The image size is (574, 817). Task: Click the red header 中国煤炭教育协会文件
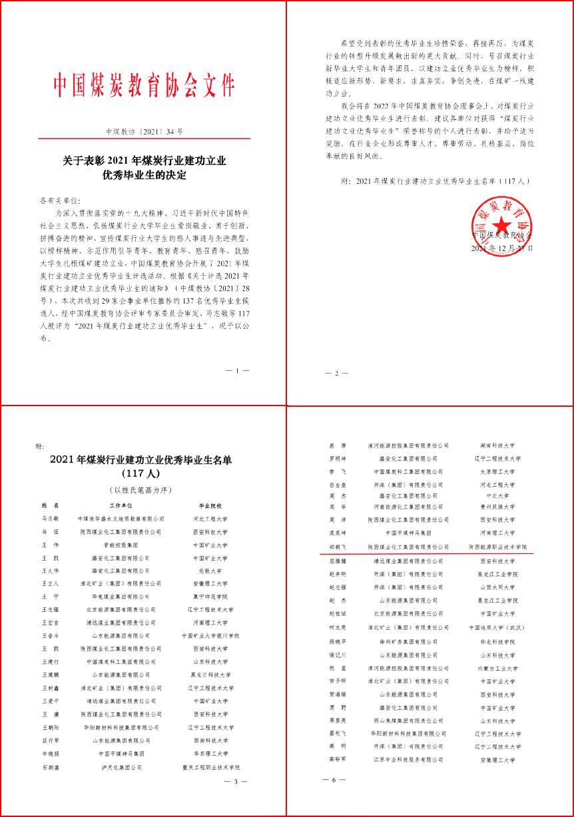(144, 86)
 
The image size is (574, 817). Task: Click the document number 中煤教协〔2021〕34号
(144, 132)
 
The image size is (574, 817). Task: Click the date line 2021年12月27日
(501, 248)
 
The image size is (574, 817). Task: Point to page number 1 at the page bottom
(238, 370)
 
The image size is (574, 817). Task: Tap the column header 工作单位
(121, 506)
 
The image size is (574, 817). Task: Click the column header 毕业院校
(210, 506)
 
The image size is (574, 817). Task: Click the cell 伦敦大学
(210, 571)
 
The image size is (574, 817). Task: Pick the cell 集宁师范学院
(210, 597)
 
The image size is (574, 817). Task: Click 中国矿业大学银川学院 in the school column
(210, 636)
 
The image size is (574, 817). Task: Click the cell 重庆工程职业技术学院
(210, 767)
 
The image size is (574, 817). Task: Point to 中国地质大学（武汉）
(497, 627)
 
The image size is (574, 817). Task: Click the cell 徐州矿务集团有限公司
(408, 642)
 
